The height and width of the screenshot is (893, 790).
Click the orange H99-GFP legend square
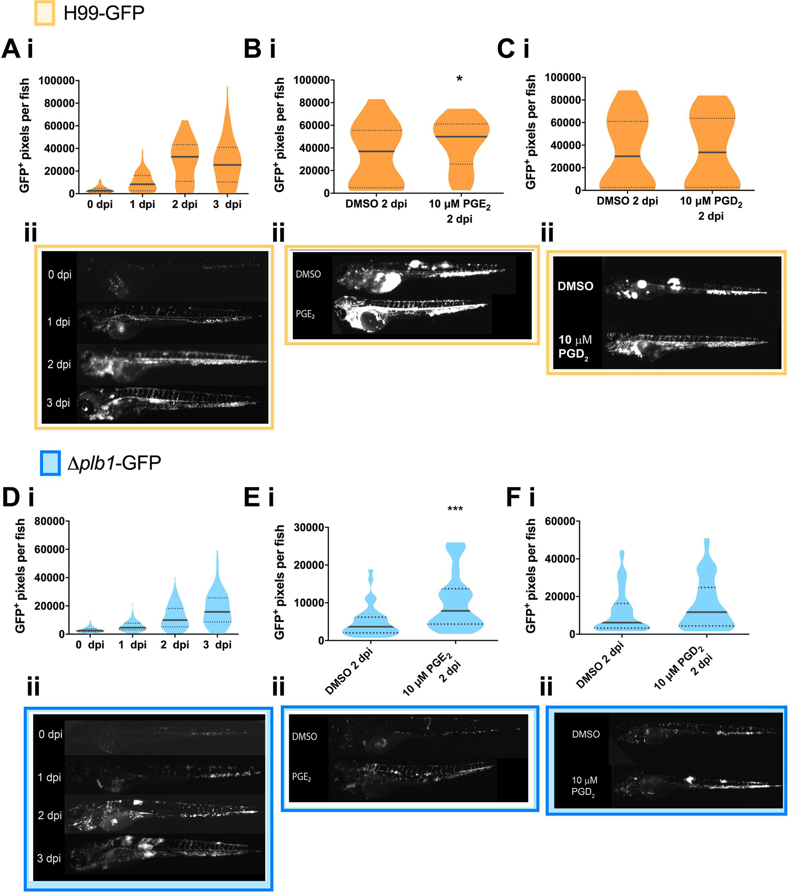click(45, 13)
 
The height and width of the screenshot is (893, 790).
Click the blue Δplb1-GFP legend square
click(50, 462)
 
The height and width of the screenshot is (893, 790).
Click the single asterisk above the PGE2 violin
click(459, 79)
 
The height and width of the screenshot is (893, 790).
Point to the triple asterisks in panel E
click(455, 509)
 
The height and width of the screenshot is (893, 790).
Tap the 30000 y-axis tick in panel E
click(309, 528)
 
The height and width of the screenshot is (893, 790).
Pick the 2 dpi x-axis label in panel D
click(175, 645)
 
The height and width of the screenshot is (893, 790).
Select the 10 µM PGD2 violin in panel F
click(707, 603)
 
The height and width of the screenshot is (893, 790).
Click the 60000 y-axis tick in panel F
click(559, 521)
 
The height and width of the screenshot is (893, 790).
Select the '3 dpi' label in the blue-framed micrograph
click(49, 858)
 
